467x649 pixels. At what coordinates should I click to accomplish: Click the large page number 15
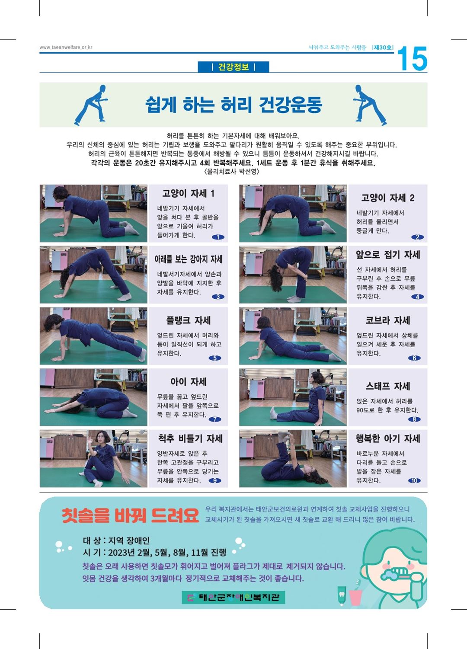(412, 59)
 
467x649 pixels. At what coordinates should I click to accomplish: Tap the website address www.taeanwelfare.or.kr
(66, 47)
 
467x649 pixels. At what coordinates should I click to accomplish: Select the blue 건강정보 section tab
(233, 67)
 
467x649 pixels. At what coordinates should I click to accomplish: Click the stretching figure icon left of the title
(91, 105)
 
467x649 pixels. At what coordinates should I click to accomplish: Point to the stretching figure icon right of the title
(370, 105)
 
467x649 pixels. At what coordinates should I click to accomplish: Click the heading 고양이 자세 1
(188, 193)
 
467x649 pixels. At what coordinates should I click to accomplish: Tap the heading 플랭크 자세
(188, 320)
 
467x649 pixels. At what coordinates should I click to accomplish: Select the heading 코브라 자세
(387, 320)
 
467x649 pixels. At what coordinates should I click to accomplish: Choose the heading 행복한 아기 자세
(387, 438)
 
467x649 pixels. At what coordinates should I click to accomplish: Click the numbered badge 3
(218, 297)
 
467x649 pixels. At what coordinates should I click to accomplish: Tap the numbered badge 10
(414, 480)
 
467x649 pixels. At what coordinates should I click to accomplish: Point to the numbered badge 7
(214, 419)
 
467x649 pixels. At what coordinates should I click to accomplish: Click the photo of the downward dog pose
(93, 275)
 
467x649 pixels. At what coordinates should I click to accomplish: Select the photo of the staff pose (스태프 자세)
(293, 397)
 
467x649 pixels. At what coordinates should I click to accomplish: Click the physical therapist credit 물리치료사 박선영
(232, 172)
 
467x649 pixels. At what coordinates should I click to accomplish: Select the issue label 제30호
(383, 48)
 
